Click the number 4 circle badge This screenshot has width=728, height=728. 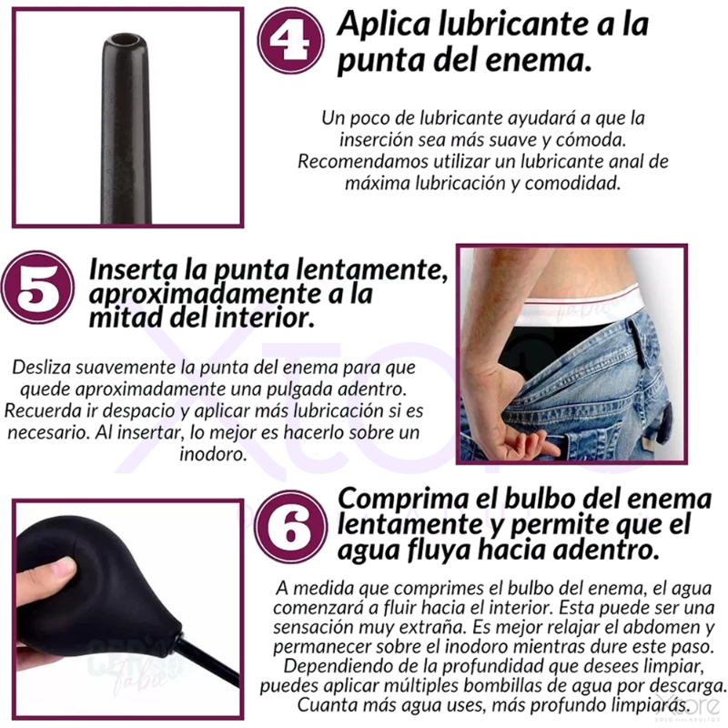(291, 40)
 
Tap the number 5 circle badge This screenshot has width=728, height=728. (38, 288)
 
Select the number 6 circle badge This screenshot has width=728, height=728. (291, 527)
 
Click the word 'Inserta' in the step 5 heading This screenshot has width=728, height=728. (133, 269)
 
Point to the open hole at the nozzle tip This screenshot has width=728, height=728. (125, 39)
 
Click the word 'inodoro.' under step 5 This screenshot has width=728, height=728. (213, 453)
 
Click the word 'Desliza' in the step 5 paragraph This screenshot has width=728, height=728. (41, 368)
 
